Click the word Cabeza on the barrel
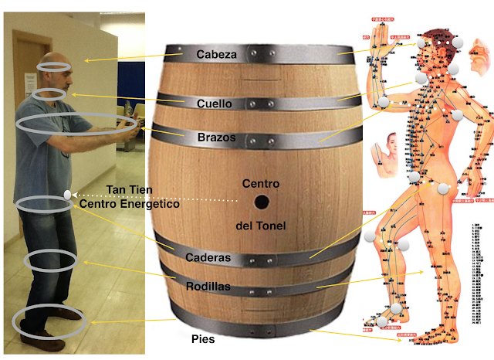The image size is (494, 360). (x=217, y=55)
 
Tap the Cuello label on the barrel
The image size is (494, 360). (x=214, y=103)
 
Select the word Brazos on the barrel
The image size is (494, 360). (x=216, y=138)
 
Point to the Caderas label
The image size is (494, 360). (x=208, y=256)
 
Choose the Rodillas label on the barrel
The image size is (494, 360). (x=208, y=287)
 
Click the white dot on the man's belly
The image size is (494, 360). (x=68, y=194)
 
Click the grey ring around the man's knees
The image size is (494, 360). (x=49, y=260)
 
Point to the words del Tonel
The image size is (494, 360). (x=260, y=226)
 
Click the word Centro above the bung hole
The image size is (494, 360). (x=260, y=184)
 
